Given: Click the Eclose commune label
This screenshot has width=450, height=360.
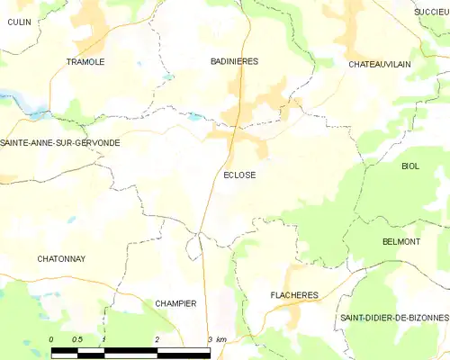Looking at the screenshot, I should tap(238, 175).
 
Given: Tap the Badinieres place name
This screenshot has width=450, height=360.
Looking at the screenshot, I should tap(234, 61).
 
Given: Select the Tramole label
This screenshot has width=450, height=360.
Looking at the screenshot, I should tap(85, 61).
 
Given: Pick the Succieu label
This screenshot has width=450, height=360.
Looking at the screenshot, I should tap(431, 11).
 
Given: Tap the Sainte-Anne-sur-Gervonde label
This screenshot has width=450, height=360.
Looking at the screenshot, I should tap(60, 143).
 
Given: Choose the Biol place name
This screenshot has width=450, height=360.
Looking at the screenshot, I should tap(410, 166).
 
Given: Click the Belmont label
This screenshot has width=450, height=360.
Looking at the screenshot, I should tap(401, 242).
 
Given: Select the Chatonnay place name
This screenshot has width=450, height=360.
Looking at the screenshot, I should tap(61, 258).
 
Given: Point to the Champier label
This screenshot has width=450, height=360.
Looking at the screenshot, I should tap(175, 303).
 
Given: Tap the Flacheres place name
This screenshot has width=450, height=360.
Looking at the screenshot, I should tap(294, 294).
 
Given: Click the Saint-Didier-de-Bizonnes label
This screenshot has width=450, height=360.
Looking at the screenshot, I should tap(393, 319).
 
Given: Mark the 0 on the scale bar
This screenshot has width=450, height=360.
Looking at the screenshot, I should tap(51, 338).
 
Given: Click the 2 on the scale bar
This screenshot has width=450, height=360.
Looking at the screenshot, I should tap(157, 338).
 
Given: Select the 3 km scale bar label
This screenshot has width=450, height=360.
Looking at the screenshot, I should tap(216, 338).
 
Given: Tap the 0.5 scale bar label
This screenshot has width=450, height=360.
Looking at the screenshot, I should tap(78, 338).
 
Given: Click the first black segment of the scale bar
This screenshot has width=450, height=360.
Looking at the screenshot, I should tap(65, 348).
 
